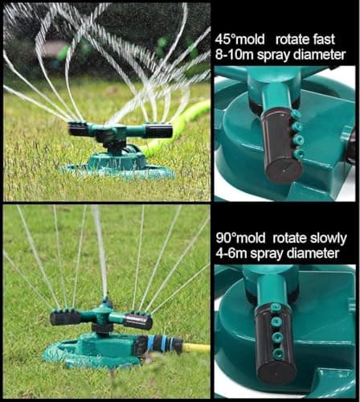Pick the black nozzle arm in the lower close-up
[x=277, y=338]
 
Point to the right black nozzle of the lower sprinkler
[x=137, y=322]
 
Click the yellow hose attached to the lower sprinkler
[x=196, y=348]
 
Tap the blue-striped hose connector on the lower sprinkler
[x=161, y=345]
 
